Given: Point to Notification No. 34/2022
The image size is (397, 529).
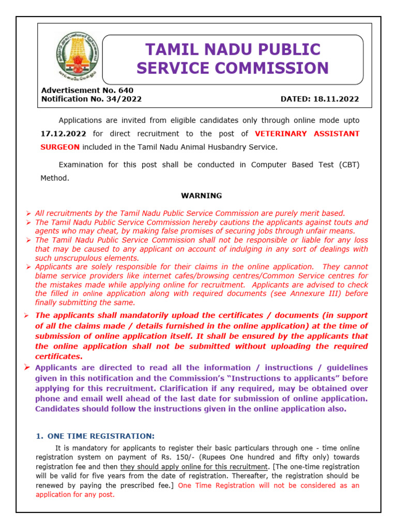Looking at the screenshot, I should [x=91, y=99].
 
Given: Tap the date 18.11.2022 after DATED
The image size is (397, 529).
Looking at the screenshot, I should [x=339, y=99].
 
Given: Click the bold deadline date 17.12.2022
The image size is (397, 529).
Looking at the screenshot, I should [x=62, y=134].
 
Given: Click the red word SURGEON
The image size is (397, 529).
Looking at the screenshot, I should [x=60, y=147].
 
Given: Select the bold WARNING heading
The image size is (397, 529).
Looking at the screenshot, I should [x=201, y=196].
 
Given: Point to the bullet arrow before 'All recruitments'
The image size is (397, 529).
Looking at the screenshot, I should [x=29, y=213].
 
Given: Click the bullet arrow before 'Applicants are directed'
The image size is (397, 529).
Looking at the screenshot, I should [x=29, y=367].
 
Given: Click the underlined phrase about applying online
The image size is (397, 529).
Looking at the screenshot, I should [x=193, y=467].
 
